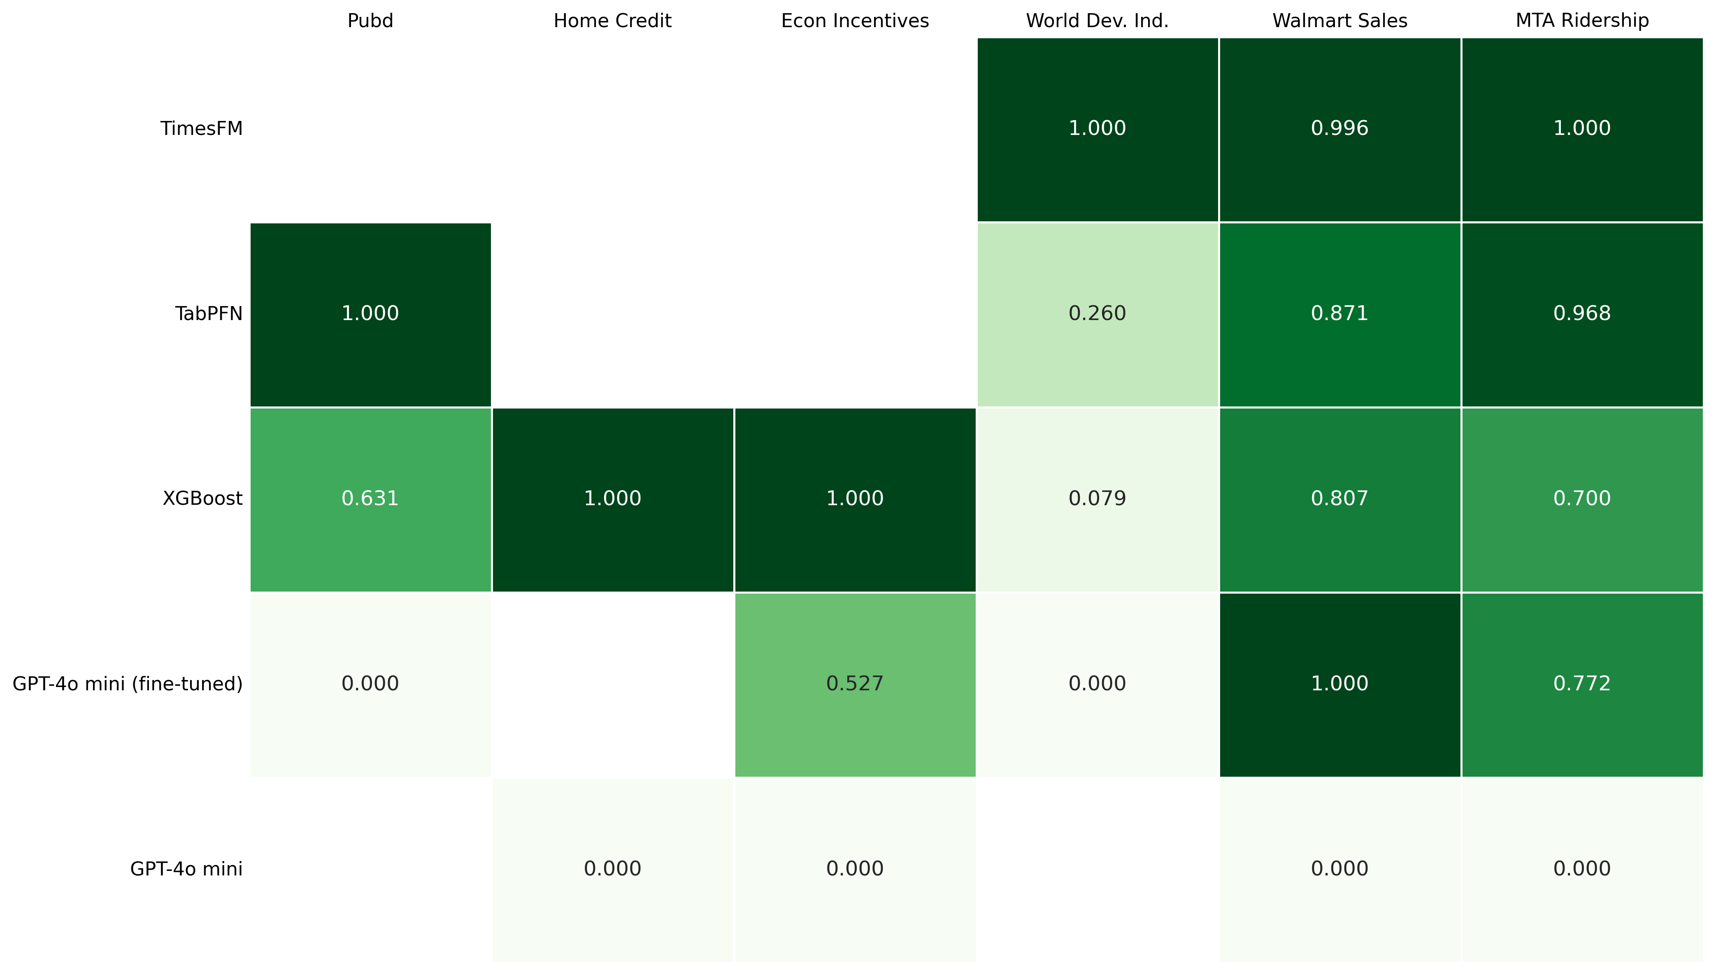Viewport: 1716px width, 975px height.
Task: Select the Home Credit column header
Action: point(612,21)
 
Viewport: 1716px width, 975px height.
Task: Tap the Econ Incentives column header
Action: point(855,21)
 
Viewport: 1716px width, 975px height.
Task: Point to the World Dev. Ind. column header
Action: point(1097,21)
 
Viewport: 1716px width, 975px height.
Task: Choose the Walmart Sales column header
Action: point(1339,21)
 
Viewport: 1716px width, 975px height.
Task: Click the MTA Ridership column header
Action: point(1582,21)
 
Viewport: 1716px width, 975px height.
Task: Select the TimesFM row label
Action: point(202,129)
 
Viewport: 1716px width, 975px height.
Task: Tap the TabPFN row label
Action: point(209,313)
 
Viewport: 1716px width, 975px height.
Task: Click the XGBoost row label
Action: point(202,498)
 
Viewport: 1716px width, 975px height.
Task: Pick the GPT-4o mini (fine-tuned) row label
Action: point(127,684)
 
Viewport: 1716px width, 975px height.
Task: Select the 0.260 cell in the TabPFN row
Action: point(1097,313)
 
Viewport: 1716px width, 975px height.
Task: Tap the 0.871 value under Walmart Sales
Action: point(1339,313)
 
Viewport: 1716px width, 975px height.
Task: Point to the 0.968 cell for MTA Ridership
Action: point(1582,313)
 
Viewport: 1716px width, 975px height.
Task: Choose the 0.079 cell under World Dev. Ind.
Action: point(1097,498)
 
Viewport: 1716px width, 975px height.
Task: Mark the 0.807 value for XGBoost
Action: point(1339,498)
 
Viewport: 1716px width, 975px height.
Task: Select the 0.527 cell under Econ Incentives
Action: point(855,684)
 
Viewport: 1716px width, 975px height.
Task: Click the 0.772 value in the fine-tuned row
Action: point(1582,684)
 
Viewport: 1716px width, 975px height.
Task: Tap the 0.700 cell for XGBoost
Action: point(1582,498)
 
